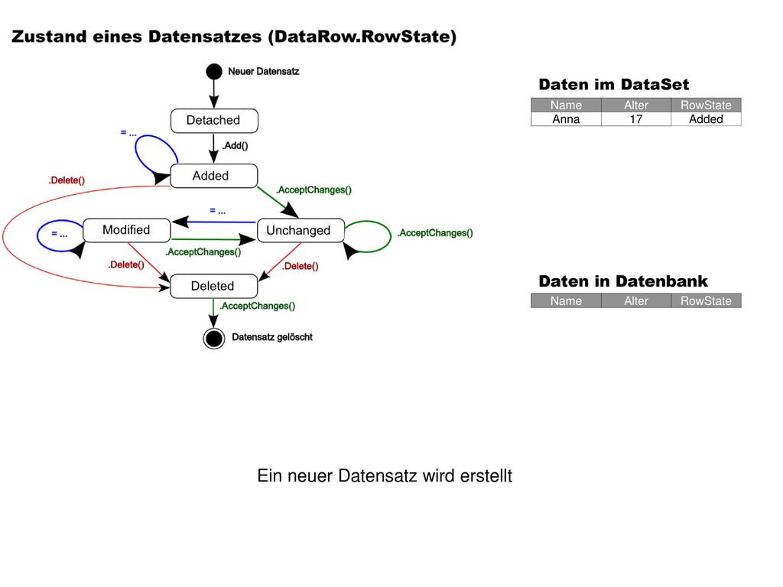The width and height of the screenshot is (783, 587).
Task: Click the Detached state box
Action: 214,120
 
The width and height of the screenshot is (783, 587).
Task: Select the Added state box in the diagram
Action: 214,176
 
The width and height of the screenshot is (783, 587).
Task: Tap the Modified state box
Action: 126,230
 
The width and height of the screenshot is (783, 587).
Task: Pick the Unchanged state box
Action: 301,230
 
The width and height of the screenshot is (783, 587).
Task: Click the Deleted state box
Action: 214,286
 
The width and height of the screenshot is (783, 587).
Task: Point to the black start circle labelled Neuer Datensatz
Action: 214,71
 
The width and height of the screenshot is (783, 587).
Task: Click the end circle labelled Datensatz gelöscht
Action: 214,339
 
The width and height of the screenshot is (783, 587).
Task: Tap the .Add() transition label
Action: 236,146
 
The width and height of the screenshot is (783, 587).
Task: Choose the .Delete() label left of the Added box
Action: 67,180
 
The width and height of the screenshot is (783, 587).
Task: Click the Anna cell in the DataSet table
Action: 566,119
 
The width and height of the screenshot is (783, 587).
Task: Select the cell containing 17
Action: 635,119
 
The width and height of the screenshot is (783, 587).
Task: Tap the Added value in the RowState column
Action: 706,119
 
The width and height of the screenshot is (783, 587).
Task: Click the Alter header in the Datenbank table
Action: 635,301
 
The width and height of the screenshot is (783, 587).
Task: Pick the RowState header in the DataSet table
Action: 706,105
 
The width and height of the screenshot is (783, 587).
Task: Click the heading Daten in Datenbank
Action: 622,281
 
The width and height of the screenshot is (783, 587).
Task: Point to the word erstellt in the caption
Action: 486,475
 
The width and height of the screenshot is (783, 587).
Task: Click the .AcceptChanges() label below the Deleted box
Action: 258,306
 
